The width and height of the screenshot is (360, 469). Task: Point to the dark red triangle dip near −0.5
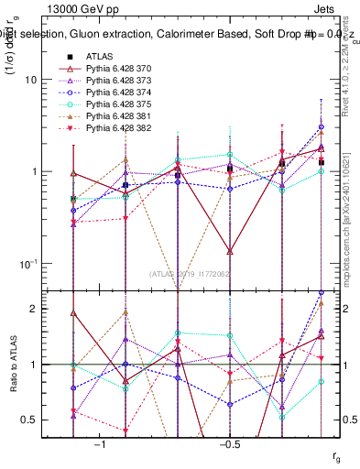230,250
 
